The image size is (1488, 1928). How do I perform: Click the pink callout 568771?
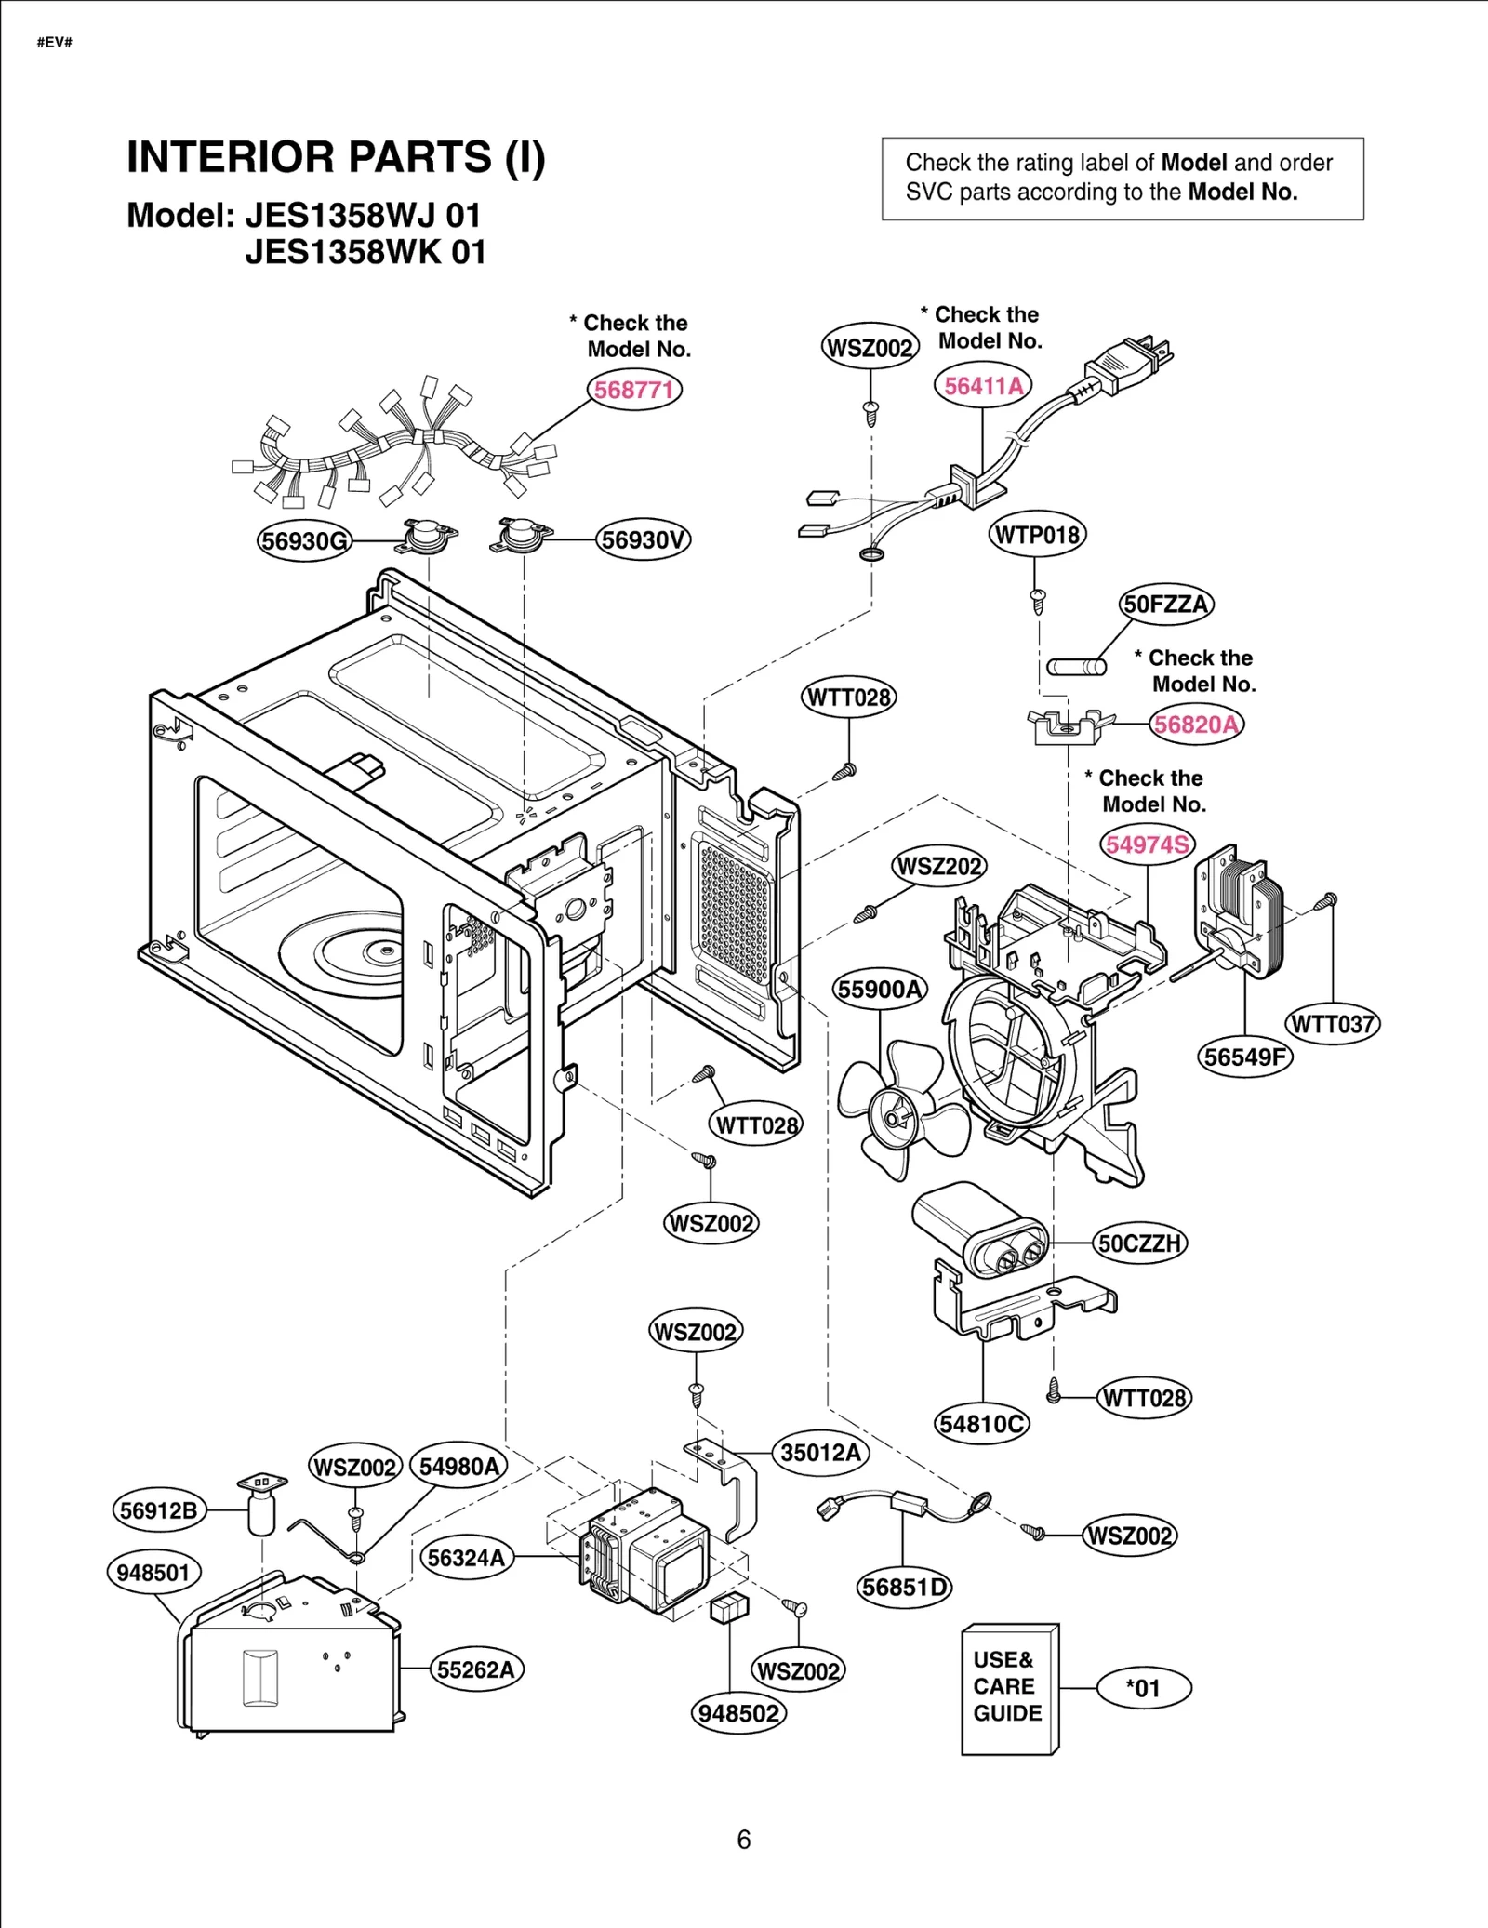(633, 389)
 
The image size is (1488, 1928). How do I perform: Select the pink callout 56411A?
(983, 385)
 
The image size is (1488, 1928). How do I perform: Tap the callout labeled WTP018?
(1036, 535)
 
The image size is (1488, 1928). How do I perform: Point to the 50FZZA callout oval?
(1165, 604)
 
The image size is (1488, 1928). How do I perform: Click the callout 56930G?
(305, 540)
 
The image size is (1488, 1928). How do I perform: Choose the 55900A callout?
(879, 989)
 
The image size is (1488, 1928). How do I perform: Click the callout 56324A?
(466, 1558)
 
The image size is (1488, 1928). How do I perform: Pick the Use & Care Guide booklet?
(1008, 1688)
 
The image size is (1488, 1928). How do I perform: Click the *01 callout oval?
(1143, 1688)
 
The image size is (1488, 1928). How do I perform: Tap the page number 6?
(743, 1840)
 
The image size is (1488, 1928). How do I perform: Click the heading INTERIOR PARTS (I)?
(336, 157)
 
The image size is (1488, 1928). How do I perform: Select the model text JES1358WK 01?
(365, 252)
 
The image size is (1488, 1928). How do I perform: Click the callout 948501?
(153, 1573)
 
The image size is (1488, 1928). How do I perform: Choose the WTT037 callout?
(1332, 1024)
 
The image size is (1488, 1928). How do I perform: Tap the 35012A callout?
(819, 1453)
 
